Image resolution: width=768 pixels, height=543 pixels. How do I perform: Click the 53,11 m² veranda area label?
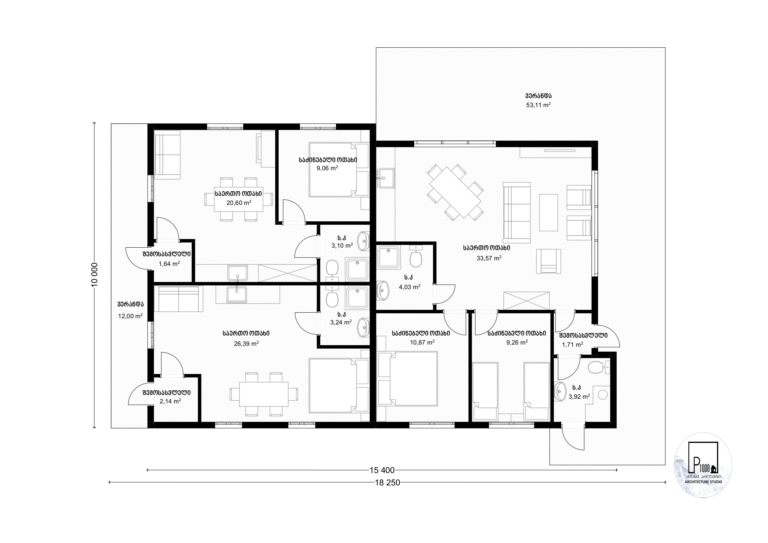point(538,105)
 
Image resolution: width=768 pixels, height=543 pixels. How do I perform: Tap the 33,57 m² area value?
point(489,258)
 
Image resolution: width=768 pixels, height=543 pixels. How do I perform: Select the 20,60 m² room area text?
point(239,202)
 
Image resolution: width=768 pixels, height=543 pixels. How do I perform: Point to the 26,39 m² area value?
point(246,344)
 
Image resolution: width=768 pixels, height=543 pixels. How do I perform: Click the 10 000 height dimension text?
point(95,274)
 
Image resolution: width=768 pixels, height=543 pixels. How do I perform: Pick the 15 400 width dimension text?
point(382,470)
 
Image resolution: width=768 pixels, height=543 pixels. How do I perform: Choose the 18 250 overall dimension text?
point(387,482)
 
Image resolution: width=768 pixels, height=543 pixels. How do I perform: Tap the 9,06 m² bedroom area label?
point(327,168)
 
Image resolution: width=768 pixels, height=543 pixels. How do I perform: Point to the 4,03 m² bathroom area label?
point(410,287)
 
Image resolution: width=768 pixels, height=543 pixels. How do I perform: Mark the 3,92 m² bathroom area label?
point(579,397)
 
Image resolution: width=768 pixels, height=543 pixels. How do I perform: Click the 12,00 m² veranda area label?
point(130,316)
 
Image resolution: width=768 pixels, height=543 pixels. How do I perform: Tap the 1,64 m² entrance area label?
point(169,264)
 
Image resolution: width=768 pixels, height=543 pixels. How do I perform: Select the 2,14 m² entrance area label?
point(170,401)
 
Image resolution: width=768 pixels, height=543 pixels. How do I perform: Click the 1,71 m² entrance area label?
point(573,344)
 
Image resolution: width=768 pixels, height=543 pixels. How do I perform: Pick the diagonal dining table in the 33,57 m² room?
point(455,192)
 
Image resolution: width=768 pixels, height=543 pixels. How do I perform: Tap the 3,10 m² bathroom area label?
point(342,245)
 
